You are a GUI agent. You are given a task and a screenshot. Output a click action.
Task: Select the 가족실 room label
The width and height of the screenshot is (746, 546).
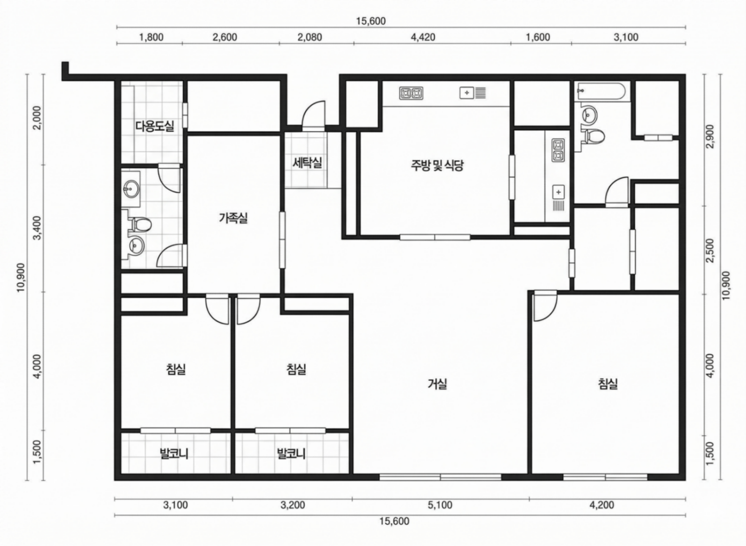[x=233, y=218]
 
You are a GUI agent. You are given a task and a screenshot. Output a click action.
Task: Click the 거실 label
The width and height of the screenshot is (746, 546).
[x=437, y=384]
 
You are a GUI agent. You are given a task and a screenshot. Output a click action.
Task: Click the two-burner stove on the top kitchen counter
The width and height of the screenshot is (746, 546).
[x=411, y=93]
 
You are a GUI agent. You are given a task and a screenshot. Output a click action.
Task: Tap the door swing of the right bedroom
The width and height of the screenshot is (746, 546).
[x=545, y=306]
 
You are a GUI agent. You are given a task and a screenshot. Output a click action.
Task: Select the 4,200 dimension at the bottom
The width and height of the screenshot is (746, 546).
[x=602, y=505]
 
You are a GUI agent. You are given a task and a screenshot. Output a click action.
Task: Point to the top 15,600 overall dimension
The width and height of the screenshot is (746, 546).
[x=371, y=21]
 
